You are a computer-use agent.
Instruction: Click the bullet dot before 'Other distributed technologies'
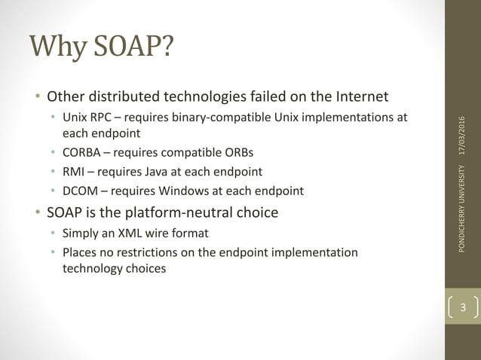pyautogui.click(x=36, y=97)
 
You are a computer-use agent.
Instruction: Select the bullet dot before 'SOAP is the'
pyautogui.click(x=36, y=213)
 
